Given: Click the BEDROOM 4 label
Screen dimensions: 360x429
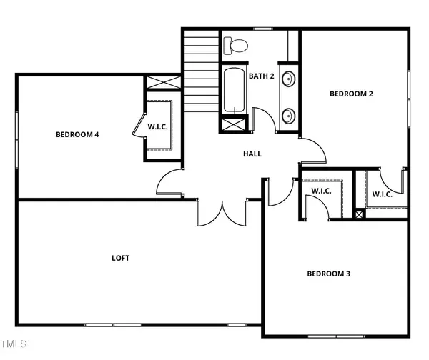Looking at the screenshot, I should [x=77, y=134].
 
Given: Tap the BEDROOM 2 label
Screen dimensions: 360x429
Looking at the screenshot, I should [x=351, y=93].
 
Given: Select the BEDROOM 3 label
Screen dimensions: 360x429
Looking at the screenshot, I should [x=329, y=273].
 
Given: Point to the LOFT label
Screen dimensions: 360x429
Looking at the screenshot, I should [x=120, y=257].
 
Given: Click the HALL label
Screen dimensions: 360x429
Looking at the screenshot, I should [x=252, y=154].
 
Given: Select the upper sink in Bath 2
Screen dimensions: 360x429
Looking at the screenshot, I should [x=288, y=79].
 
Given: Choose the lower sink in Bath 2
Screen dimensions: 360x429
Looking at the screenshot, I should [x=288, y=114].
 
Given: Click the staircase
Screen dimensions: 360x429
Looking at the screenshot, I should [x=201, y=69].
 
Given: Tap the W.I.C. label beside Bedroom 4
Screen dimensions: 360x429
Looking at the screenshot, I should [x=158, y=127].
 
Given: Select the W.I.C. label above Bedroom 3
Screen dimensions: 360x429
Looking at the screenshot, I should [x=320, y=191].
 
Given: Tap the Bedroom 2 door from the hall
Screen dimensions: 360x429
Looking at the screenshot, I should [x=312, y=150].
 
